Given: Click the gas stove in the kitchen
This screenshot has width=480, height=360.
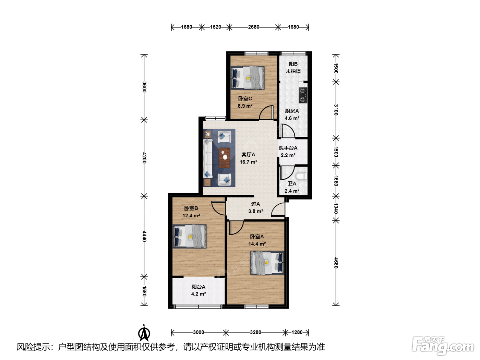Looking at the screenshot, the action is click(303, 95).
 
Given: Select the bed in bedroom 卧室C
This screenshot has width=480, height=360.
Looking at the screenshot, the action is click(248, 78).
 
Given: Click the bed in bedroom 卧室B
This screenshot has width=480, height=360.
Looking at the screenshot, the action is click(190, 236).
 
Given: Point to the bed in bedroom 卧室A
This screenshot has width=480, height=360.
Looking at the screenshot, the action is click(267, 263).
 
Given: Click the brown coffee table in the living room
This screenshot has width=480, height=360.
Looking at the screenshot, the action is click(224, 158).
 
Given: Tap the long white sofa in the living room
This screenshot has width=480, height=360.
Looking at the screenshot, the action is click(207, 158).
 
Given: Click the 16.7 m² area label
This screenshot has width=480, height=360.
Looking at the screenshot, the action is click(248, 162).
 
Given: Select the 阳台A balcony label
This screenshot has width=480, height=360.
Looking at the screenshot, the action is click(198, 287).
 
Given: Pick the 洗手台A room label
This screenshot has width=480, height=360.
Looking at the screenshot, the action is click(288, 148).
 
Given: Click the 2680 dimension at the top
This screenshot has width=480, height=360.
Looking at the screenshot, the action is click(253, 27).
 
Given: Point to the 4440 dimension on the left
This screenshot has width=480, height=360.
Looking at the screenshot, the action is click(144, 236).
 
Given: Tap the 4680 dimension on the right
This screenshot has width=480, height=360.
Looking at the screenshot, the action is click(336, 263).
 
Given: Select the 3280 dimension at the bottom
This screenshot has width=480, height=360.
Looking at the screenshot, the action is click(255, 332).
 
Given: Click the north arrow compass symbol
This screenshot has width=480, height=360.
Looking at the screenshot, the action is click(144, 333).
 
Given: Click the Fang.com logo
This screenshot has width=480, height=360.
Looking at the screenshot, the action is click(443, 346).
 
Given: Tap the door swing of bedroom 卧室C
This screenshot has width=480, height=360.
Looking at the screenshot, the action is click(266, 112).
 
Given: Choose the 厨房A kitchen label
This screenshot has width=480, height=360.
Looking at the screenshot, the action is click(292, 111).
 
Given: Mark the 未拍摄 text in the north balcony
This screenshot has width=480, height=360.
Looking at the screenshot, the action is click(293, 71).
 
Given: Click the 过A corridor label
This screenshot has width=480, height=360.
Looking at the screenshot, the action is click(255, 204).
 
